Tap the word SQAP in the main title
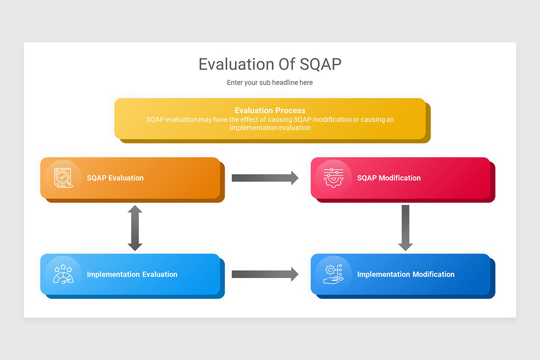tap(320, 64)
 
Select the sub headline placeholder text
tap(270, 82)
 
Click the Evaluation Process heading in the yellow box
tap(270, 110)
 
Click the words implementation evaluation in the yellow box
tap(270, 128)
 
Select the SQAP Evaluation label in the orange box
tap(115, 178)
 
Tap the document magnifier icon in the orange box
tap(63, 178)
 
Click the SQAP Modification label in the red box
tap(389, 178)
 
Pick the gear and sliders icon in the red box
tap(333, 178)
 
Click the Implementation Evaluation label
tap(132, 274)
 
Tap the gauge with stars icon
tap(63, 274)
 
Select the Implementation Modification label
tap(405, 274)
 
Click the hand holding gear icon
tap(333, 274)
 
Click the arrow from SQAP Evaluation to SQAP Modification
tap(265, 178)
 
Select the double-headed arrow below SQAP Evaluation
tap(135, 228)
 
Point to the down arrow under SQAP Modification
tap(405, 228)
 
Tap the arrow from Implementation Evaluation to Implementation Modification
tap(265, 274)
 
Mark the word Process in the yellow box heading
tap(291, 110)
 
